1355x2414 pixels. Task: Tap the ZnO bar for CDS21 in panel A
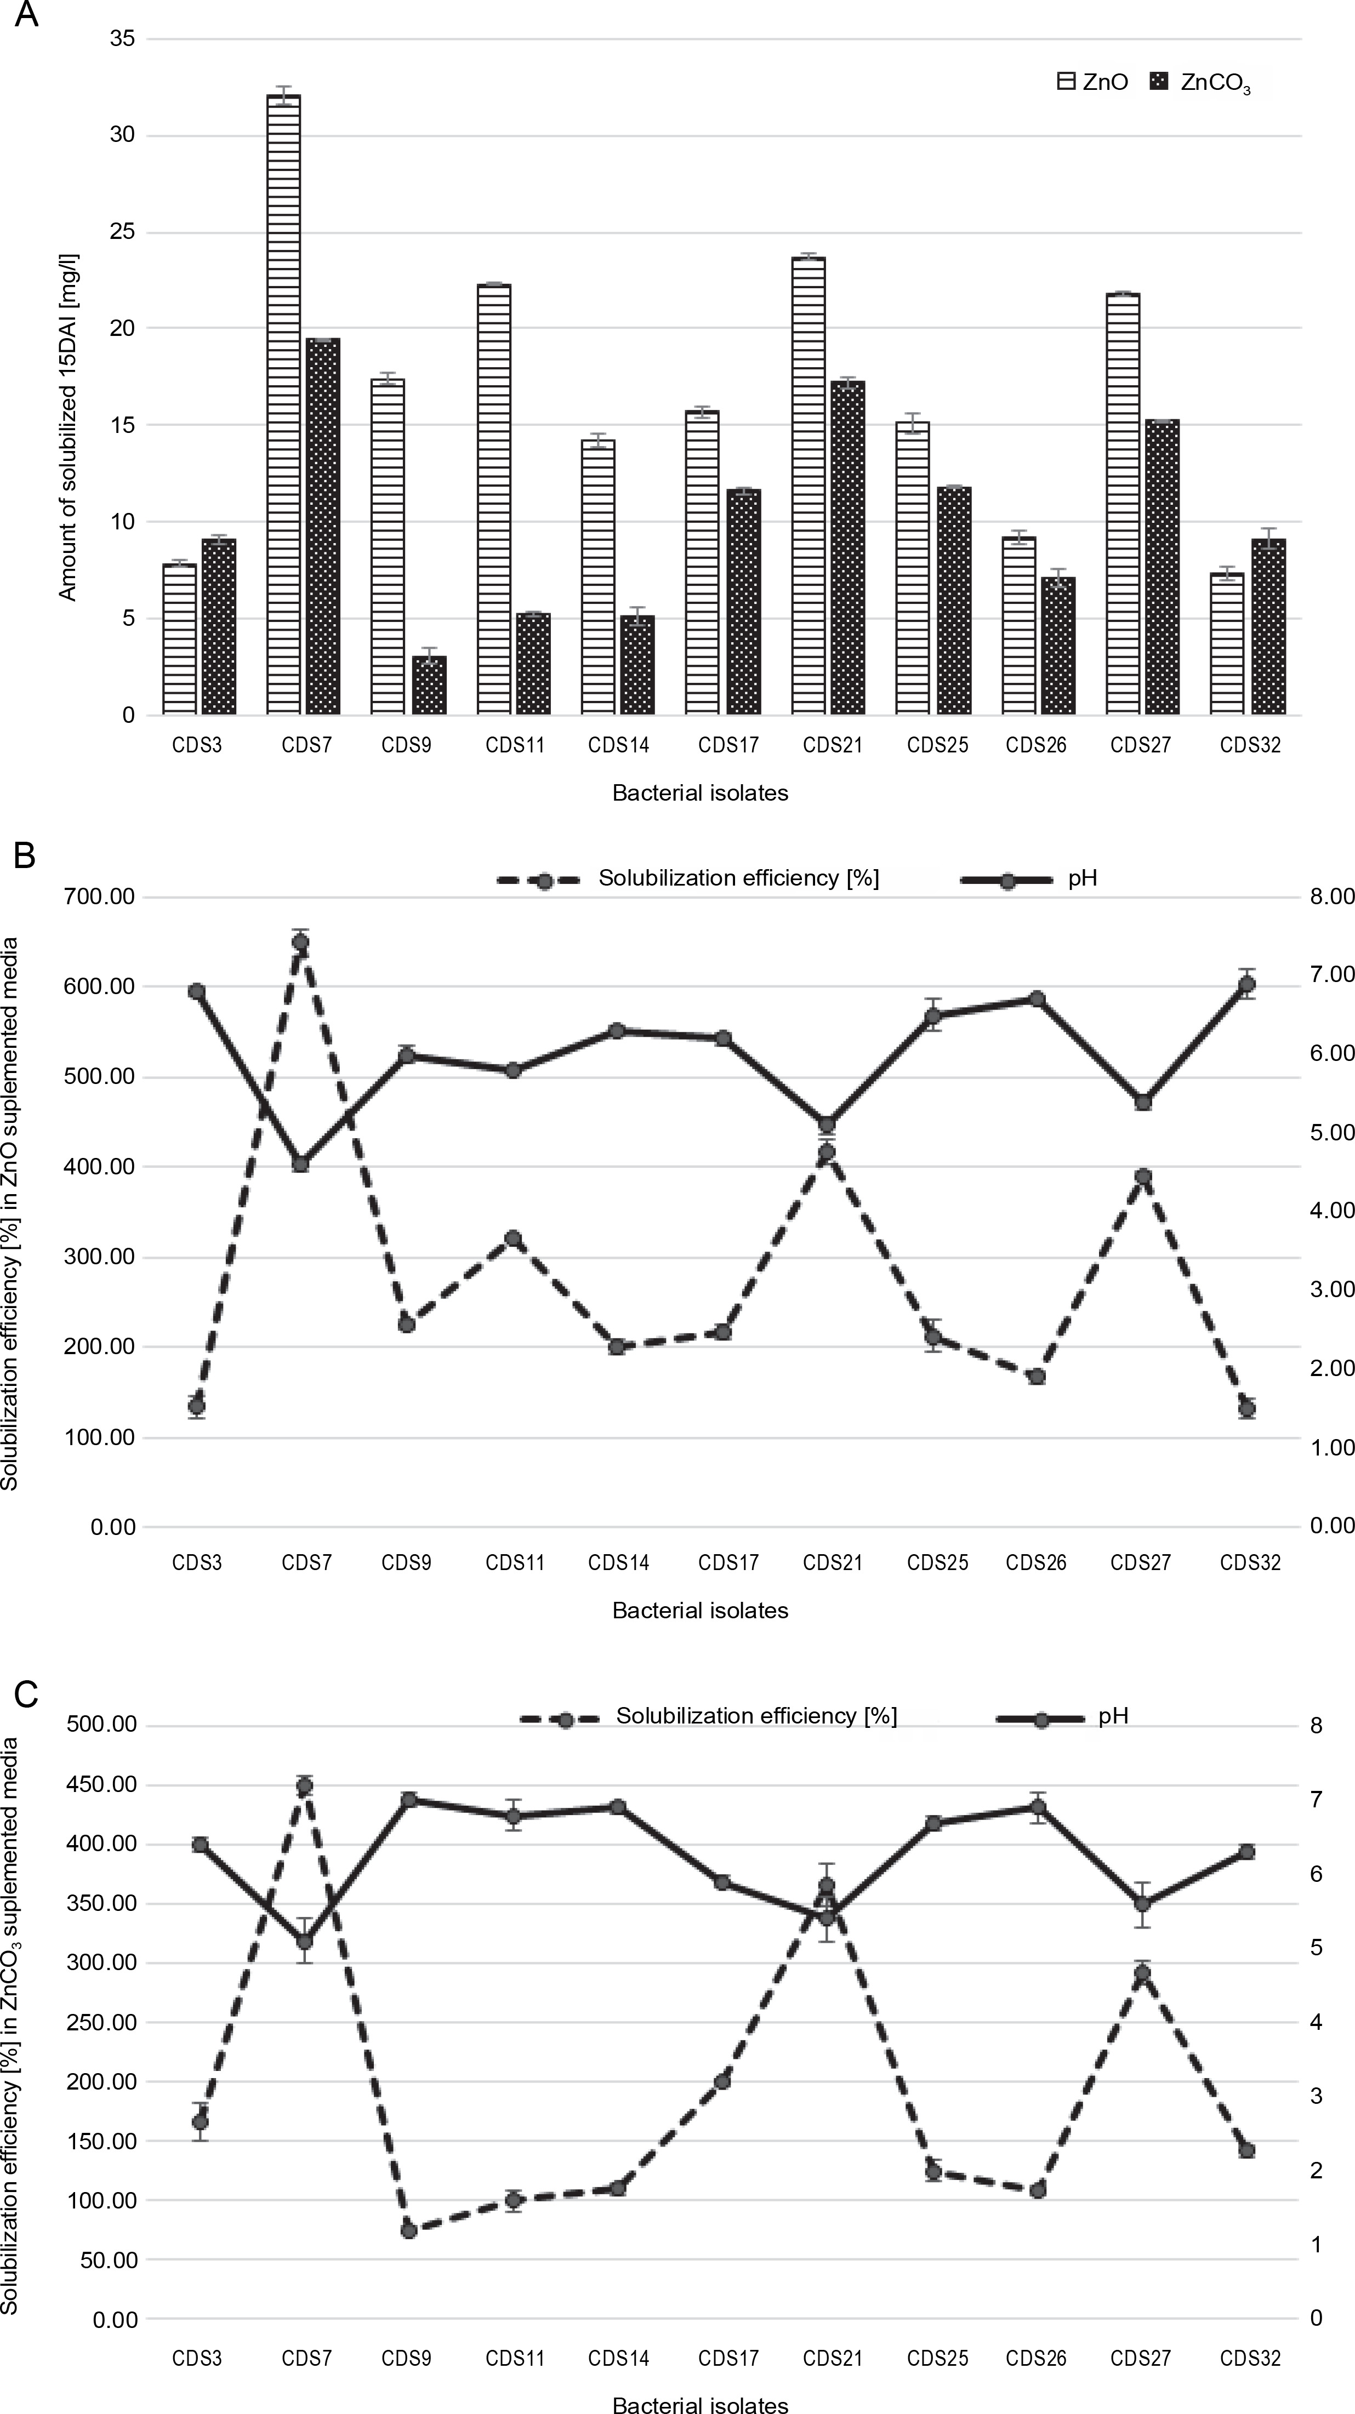coord(809,486)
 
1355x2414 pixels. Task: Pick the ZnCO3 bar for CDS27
coord(1162,567)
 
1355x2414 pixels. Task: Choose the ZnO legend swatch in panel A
coord(1066,82)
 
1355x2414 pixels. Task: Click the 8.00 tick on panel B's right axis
coord(1331,897)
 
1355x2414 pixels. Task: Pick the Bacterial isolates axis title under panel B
coord(700,1611)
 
